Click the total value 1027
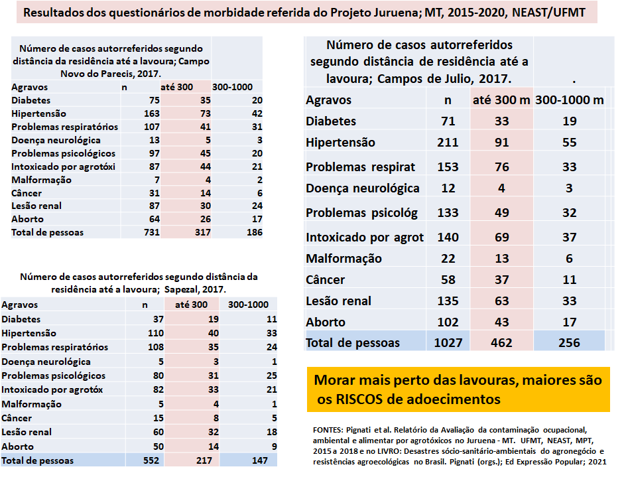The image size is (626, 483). [x=448, y=343]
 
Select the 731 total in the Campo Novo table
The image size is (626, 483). [x=152, y=232]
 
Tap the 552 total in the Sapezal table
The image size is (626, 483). [x=151, y=460]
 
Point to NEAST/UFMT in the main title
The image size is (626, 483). [x=548, y=13]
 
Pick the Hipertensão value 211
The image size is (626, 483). [x=448, y=142]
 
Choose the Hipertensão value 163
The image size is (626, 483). [x=152, y=113]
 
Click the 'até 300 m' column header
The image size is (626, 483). [x=501, y=100]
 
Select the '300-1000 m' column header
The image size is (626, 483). [x=570, y=100]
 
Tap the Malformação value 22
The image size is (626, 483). [x=448, y=259]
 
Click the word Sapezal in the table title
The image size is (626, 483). [x=180, y=289]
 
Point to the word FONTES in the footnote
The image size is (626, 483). [x=328, y=431]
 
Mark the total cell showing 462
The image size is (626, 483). [x=501, y=343]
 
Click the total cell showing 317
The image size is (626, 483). [x=203, y=232]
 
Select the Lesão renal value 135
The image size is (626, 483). [x=448, y=301]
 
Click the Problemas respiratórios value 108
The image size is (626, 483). [x=156, y=347]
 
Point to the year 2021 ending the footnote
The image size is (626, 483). [x=597, y=462]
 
